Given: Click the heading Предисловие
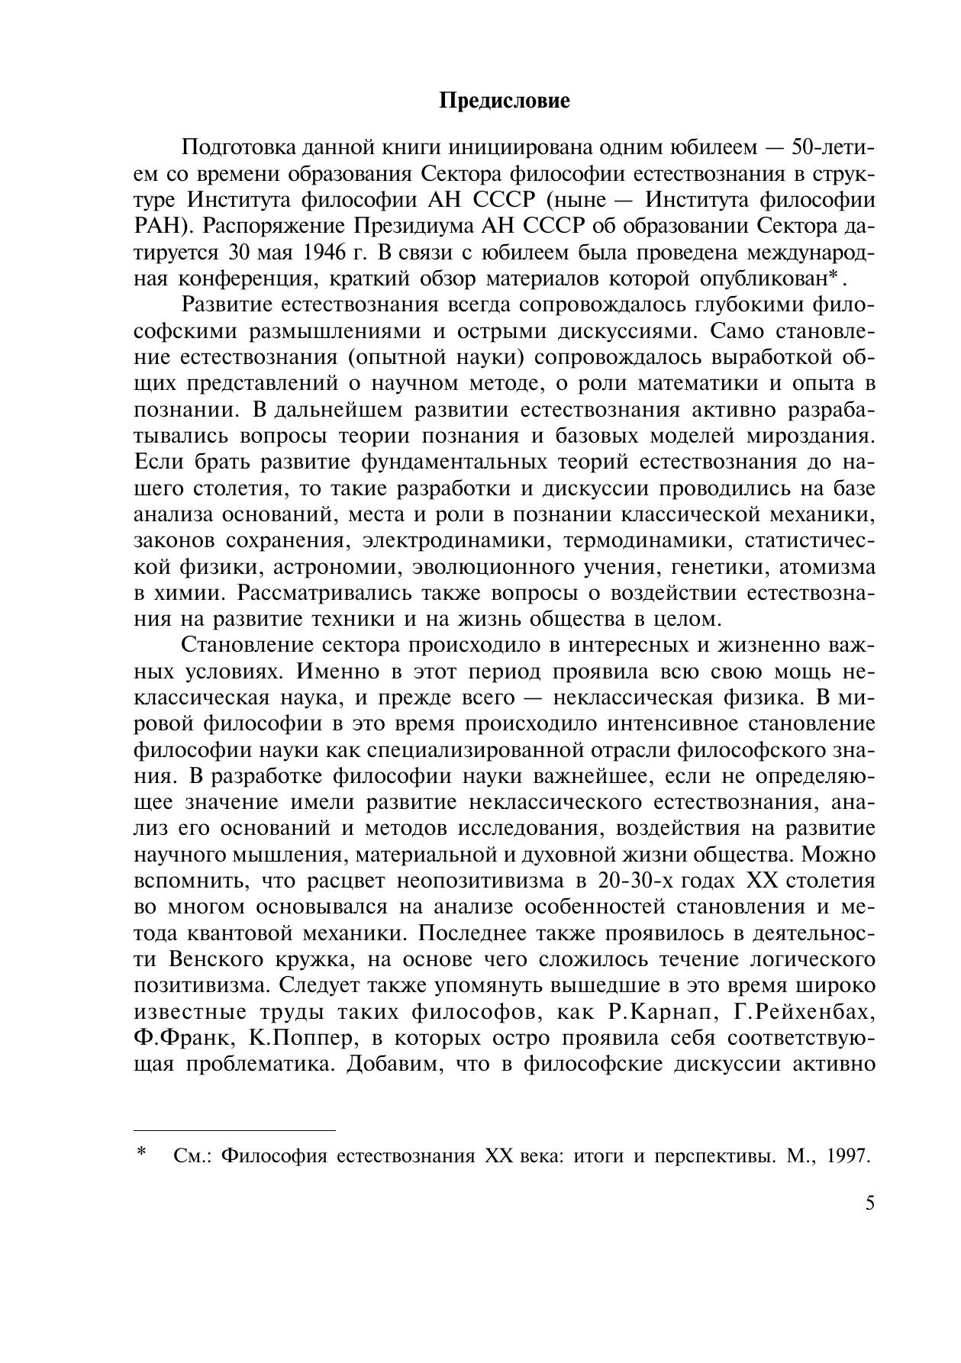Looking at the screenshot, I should pyautogui.click(x=505, y=101).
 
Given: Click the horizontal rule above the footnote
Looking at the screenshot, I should pyautogui.click(x=235, y=1129).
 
